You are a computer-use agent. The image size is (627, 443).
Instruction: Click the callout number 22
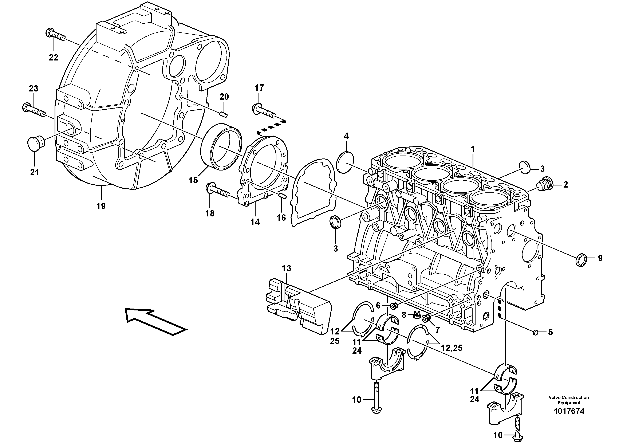54,58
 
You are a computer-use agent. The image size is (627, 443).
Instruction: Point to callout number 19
101,206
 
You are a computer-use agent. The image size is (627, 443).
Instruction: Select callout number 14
255,222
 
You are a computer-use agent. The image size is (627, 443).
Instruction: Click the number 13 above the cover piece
287,268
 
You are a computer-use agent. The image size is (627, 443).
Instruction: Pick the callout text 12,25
452,348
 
